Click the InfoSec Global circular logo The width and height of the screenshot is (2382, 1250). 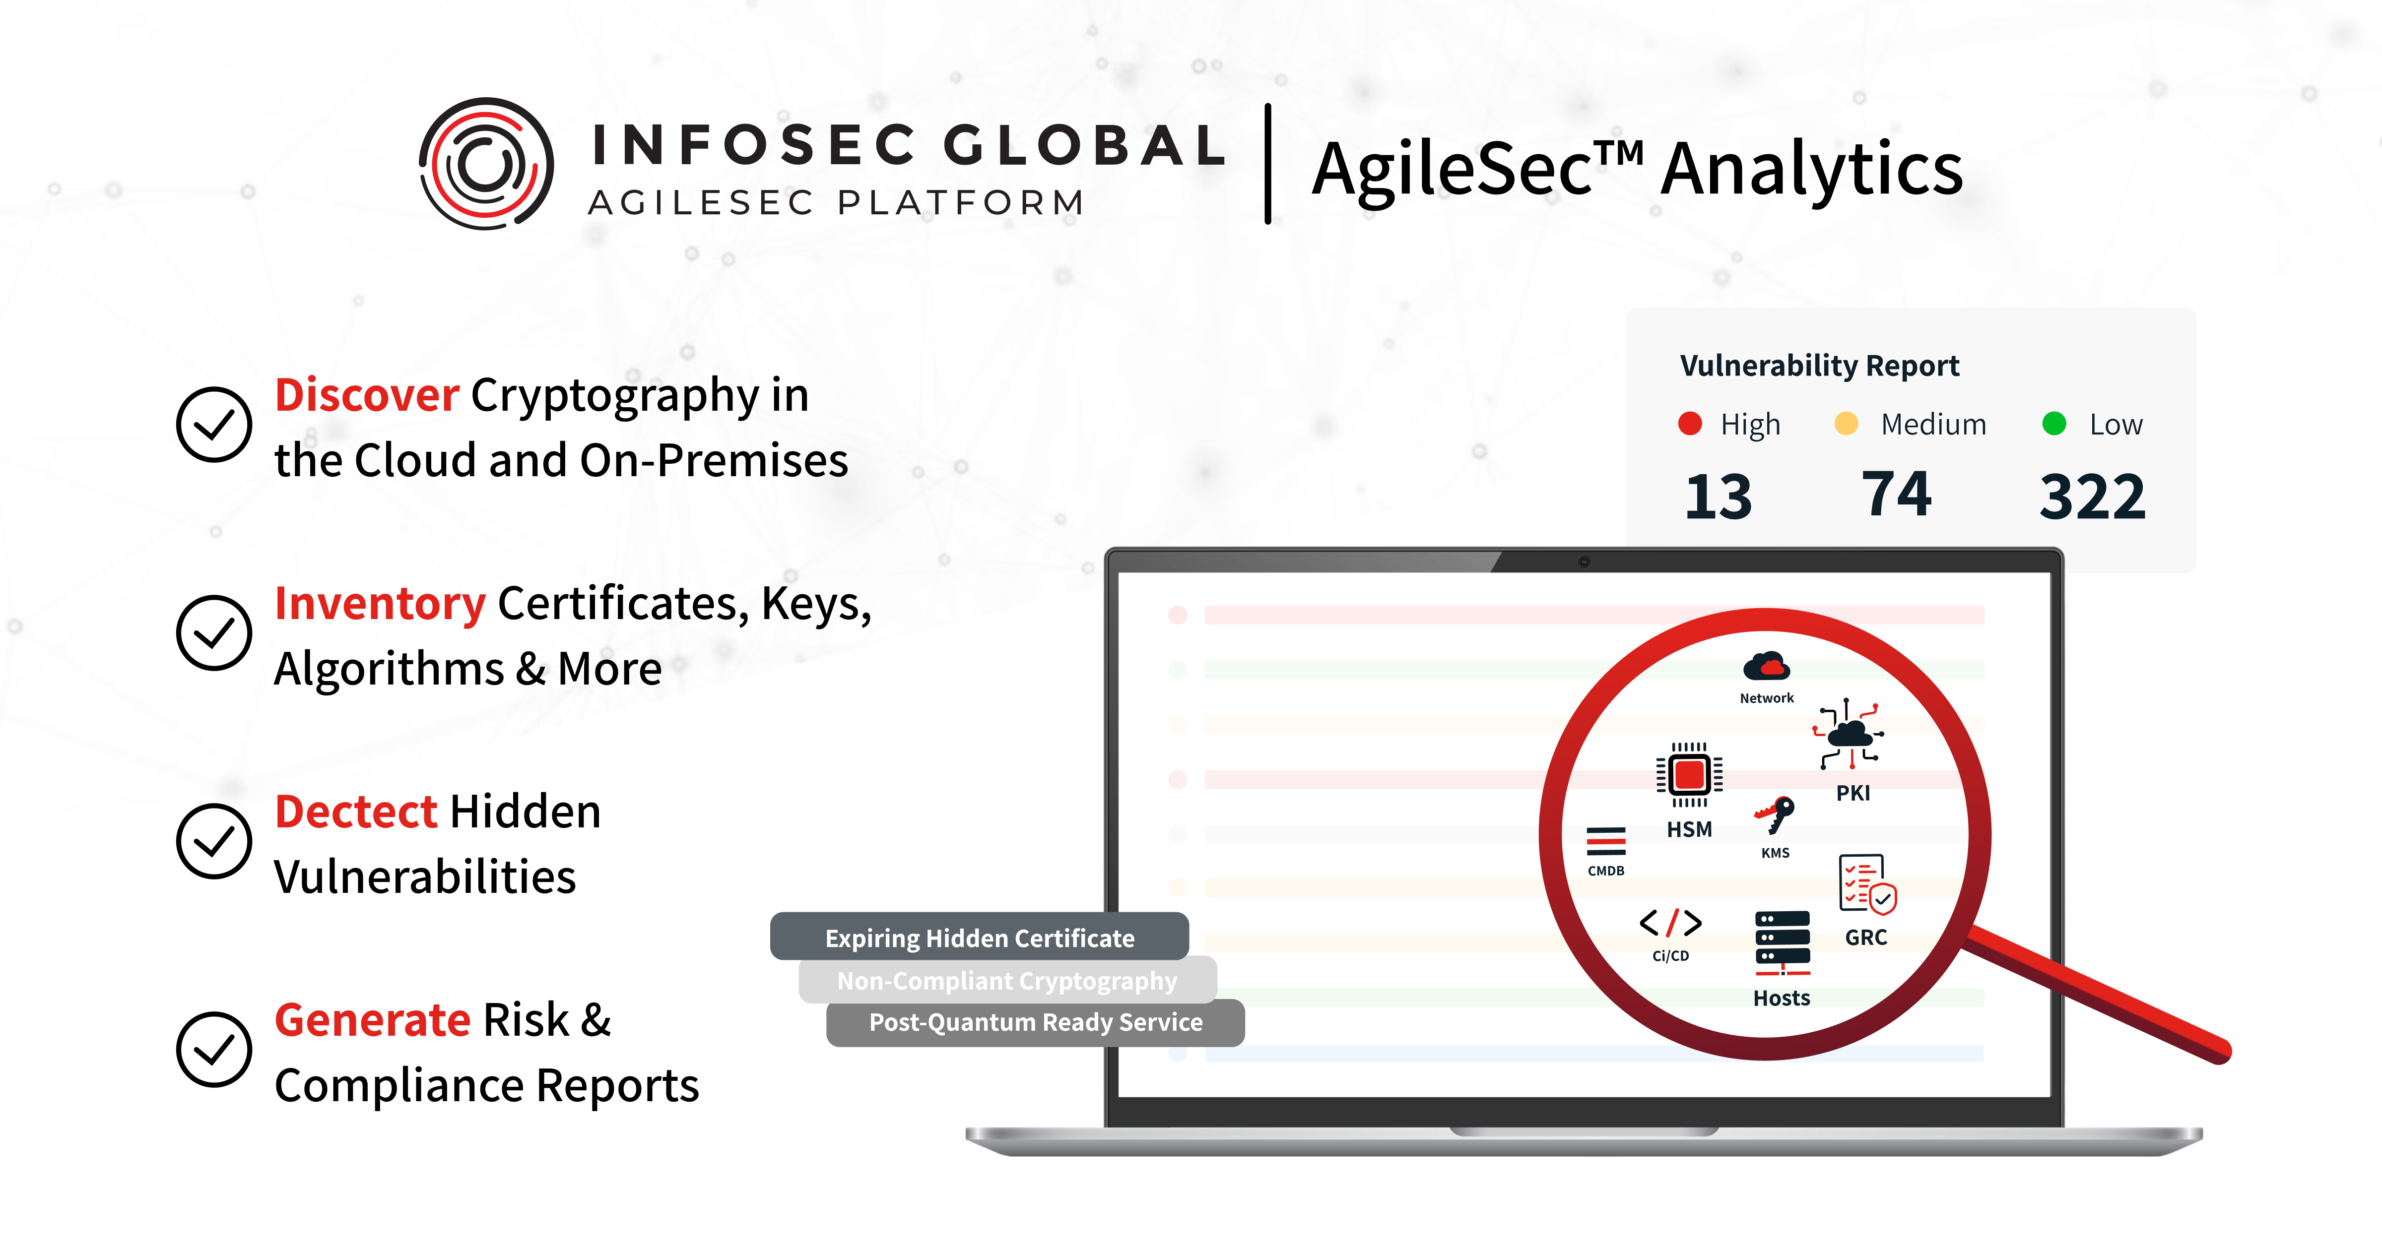(x=486, y=164)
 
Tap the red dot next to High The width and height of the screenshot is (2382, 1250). (x=1689, y=424)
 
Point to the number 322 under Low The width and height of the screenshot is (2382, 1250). (x=2092, y=497)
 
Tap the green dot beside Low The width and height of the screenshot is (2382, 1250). (x=2054, y=424)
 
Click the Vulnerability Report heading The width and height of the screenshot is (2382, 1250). (x=1819, y=365)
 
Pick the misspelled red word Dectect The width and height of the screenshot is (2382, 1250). (x=355, y=812)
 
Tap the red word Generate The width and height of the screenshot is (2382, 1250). (x=373, y=1020)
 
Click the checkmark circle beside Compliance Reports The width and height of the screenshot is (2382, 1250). (x=213, y=1050)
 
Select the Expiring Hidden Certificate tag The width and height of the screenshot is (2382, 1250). (x=979, y=937)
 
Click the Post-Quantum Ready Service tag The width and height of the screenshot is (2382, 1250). (x=1036, y=1022)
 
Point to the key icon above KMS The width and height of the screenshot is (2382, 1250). (x=1775, y=813)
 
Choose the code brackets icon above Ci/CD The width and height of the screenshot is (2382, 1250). (x=1670, y=923)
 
